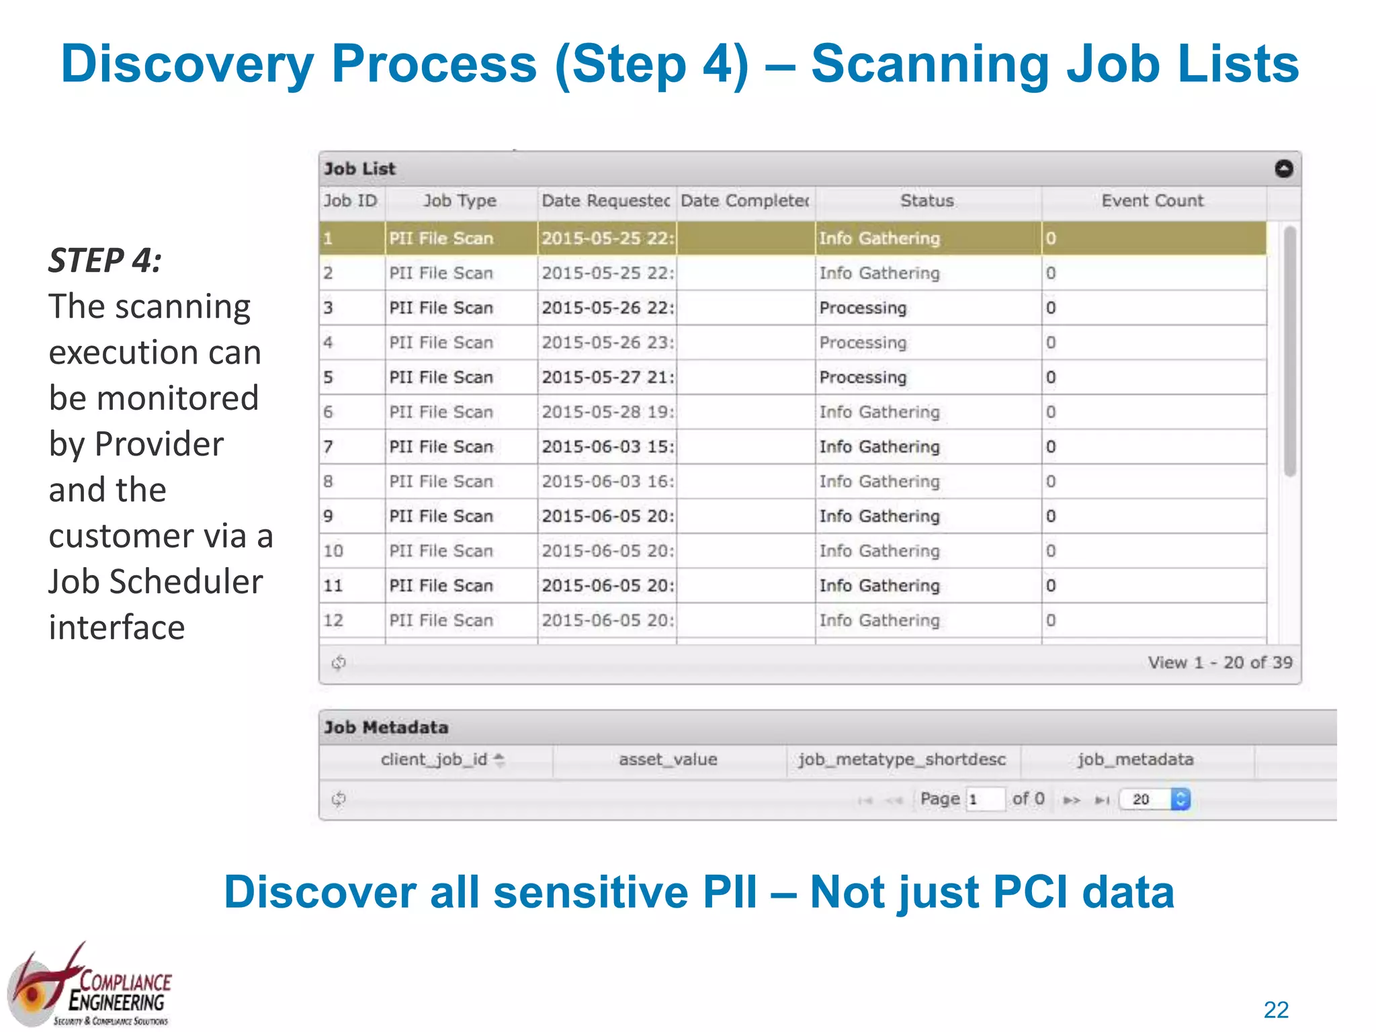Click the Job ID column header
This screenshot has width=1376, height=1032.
351,201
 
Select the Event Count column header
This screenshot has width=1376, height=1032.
1152,201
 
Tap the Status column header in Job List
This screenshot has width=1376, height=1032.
927,201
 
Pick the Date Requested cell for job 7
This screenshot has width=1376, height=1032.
607,447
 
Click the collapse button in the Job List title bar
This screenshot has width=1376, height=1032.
1283,169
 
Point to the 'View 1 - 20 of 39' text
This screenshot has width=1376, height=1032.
1219,662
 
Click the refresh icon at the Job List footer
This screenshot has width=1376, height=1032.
339,662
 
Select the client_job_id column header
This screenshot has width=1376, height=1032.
435,760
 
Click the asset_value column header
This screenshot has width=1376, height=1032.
668,760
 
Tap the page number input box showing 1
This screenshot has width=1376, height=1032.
984,799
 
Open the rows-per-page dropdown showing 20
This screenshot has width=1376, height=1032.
1154,799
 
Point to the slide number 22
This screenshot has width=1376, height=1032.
1276,1009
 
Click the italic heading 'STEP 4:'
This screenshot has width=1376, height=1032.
105,261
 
